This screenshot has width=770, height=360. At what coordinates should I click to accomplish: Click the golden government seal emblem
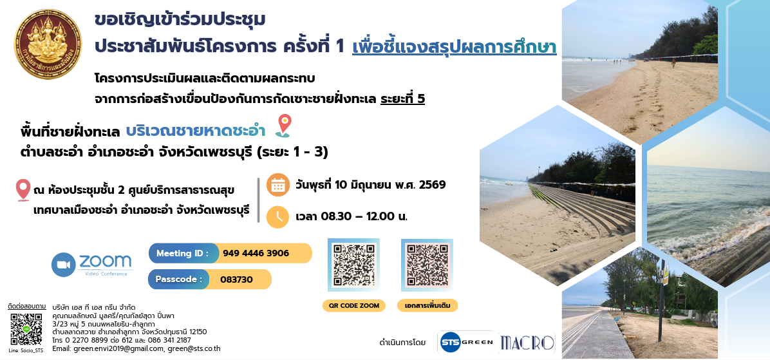pyautogui.click(x=48, y=44)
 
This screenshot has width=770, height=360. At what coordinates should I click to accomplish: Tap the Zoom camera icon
pyautogui.click(x=63, y=265)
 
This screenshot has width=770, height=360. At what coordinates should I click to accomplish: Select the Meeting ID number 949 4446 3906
pyautogui.click(x=256, y=254)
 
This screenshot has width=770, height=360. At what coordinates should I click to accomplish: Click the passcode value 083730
pyautogui.click(x=236, y=279)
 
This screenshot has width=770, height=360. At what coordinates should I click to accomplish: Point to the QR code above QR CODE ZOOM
pyautogui.click(x=353, y=265)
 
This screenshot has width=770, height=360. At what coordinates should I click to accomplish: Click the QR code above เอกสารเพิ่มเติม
pyautogui.click(x=427, y=265)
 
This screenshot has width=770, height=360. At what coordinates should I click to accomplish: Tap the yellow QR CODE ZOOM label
pyautogui.click(x=354, y=305)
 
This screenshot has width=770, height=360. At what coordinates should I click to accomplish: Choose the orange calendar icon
pyautogui.click(x=277, y=185)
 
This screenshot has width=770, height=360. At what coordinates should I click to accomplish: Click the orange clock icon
pyautogui.click(x=277, y=216)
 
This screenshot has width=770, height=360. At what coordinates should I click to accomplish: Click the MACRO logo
pyautogui.click(x=527, y=343)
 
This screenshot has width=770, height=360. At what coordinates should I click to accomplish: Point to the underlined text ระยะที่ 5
pyautogui.click(x=402, y=99)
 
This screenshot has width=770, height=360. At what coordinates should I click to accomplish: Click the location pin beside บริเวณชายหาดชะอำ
pyautogui.click(x=283, y=126)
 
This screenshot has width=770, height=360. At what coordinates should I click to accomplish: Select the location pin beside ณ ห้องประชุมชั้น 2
pyautogui.click(x=23, y=190)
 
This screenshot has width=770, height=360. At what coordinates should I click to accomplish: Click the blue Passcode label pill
pyautogui.click(x=179, y=279)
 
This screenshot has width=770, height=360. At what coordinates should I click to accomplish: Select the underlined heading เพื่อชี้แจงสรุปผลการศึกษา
pyautogui.click(x=455, y=46)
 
